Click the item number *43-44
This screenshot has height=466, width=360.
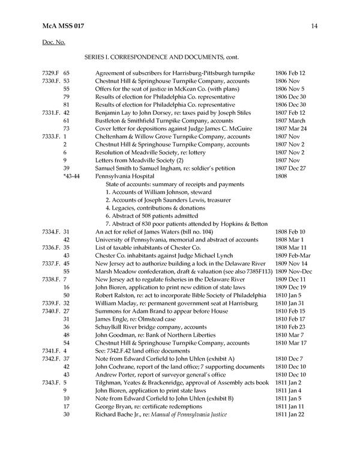coord(71,177)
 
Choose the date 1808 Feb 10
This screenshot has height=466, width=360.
coord(290,232)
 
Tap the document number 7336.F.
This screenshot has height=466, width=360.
coord(52,247)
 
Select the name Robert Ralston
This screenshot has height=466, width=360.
coord(116,295)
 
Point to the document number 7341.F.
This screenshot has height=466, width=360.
coord(52,351)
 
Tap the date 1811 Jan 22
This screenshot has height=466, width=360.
coord(290,414)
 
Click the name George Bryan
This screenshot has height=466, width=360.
coord(113,407)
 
